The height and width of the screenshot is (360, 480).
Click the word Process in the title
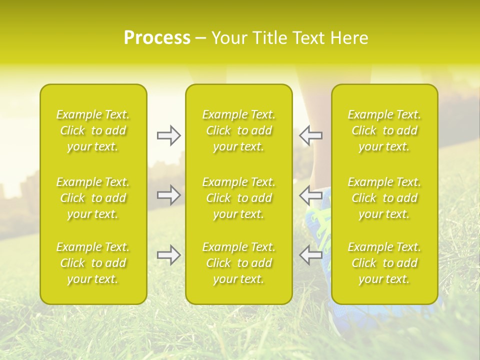pos(157,38)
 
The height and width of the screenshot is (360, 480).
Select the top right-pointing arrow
pos(168,135)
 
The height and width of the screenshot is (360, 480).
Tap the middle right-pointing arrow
pos(168,195)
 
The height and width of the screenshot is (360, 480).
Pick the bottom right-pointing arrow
pos(168,255)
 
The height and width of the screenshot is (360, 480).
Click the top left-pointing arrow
pos(310,135)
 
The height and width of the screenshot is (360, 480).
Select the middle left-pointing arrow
pos(310,195)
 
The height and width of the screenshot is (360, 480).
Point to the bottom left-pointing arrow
pos(310,255)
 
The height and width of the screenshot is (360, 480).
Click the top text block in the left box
pos(93,130)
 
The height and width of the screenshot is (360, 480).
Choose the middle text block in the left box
pos(93,198)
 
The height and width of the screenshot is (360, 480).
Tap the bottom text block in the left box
pos(93,263)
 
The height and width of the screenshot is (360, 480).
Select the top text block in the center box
pos(239,130)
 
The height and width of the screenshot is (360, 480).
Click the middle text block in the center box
pos(239,198)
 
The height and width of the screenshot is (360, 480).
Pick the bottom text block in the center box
pos(239,263)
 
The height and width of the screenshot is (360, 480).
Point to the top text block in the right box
pos(384,130)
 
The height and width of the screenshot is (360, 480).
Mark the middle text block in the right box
pos(384,198)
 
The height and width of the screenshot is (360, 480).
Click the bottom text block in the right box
pos(384,263)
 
